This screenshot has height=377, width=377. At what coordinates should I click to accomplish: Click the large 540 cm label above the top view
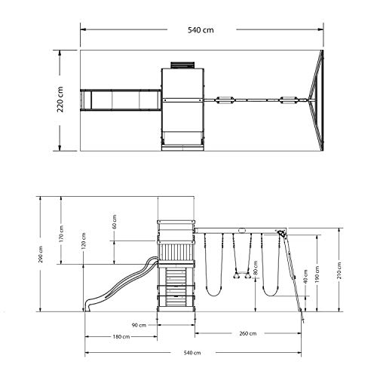pos(201,30)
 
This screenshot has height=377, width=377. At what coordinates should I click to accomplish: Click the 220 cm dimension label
pos(60,100)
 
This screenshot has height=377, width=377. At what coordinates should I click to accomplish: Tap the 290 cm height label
pos(41,254)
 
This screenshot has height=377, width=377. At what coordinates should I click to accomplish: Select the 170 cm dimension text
pos(61,234)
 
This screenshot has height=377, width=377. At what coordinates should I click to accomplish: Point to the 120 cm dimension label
pos(84,241)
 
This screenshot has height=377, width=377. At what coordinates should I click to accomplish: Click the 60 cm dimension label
pos(114,222)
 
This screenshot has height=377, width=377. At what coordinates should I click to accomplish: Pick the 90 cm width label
pos(139,325)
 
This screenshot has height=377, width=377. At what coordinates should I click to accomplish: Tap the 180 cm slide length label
pos(121,336)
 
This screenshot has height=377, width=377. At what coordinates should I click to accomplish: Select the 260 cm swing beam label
pos(248,333)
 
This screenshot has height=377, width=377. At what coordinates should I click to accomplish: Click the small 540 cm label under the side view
pos(192,353)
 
